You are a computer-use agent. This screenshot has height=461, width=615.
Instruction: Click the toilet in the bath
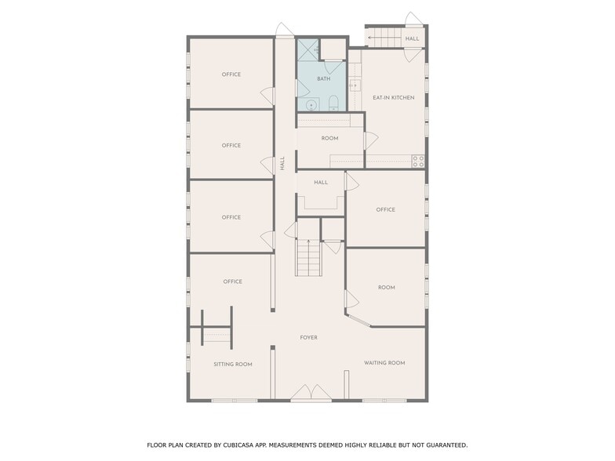(x=333, y=102)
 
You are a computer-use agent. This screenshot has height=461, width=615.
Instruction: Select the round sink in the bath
(x=311, y=103)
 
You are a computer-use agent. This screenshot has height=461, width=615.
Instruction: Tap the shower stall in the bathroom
(x=307, y=50)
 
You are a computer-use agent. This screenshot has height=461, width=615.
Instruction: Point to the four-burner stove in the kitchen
(x=419, y=162)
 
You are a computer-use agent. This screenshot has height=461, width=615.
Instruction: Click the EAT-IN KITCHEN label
(x=393, y=97)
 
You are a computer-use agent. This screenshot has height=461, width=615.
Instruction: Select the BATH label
(x=323, y=79)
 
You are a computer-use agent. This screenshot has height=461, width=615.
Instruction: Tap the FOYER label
(x=308, y=338)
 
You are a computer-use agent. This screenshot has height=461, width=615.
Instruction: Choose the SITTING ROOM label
(x=233, y=365)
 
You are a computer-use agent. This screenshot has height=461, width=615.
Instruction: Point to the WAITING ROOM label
(x=384, y=363)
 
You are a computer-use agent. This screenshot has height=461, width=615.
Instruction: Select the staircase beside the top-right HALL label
(x=382, y=37)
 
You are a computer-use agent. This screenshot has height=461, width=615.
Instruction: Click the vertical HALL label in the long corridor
(x=282, y=163)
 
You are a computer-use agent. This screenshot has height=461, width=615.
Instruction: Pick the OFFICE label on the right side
(x=385, y=210)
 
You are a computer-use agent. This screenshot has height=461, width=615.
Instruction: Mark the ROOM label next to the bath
(x=329, y=139)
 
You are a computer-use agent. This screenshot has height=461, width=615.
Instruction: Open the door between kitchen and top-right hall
(x=413, y=54)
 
